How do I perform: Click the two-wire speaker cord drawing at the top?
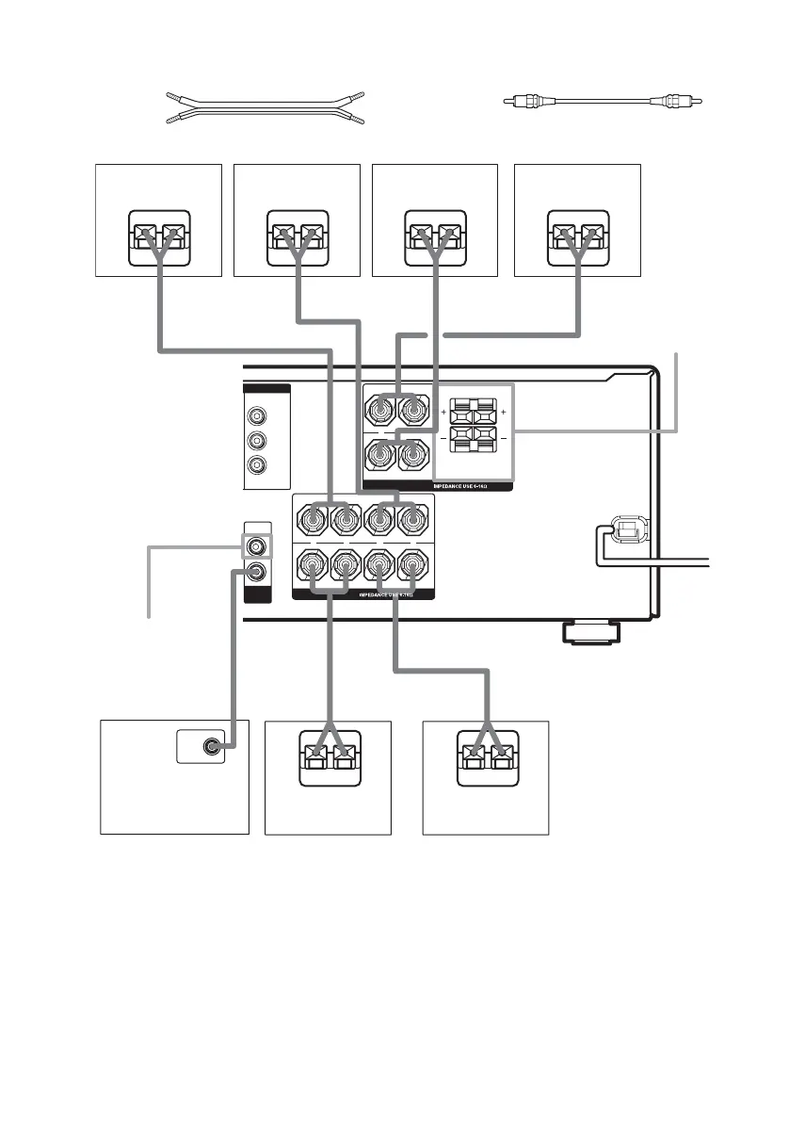[x=265, y=109]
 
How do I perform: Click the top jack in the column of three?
[x=254, y=416]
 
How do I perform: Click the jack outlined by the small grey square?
[x=255, y=544]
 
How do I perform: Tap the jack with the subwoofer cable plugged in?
[x=255, y=571]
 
